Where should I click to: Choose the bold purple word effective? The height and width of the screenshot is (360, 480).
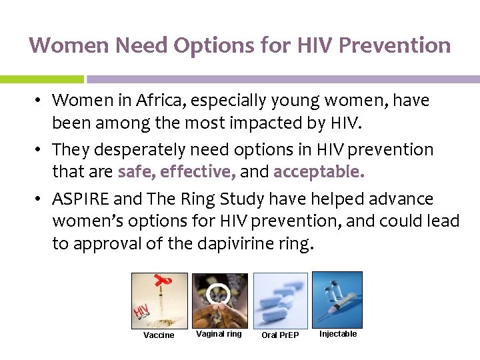(199, 173)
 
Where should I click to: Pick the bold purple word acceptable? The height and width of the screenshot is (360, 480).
(319, 173)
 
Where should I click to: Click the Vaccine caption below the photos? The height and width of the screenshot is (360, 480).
(159, 335)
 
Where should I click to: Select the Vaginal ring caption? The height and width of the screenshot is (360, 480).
(219, 334)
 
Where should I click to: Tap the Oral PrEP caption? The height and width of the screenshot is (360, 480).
(280, 335)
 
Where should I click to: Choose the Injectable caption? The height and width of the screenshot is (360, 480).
(338, 334)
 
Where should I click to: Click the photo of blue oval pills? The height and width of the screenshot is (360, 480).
(280, 300)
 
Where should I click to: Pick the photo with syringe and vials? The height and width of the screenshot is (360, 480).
(337, 299)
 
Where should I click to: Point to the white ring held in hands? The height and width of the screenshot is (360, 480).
(217, 293)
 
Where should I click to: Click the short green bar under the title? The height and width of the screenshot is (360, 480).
(41, 79)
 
